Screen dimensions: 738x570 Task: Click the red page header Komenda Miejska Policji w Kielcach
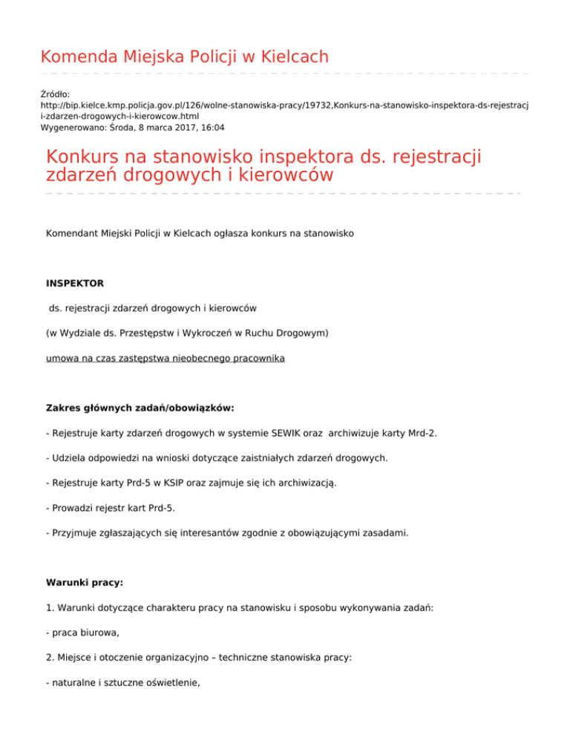click(x=184, y=56)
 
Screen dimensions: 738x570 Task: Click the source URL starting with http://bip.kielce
click(x=289, y=105)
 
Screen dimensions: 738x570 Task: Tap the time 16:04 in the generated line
click(x=212, y=128)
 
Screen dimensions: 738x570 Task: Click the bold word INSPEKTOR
click(x=75, y=283)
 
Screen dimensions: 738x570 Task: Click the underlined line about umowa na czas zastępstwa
click(x=165, y=358)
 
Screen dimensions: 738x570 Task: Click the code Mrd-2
click(x=422, y=433)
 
